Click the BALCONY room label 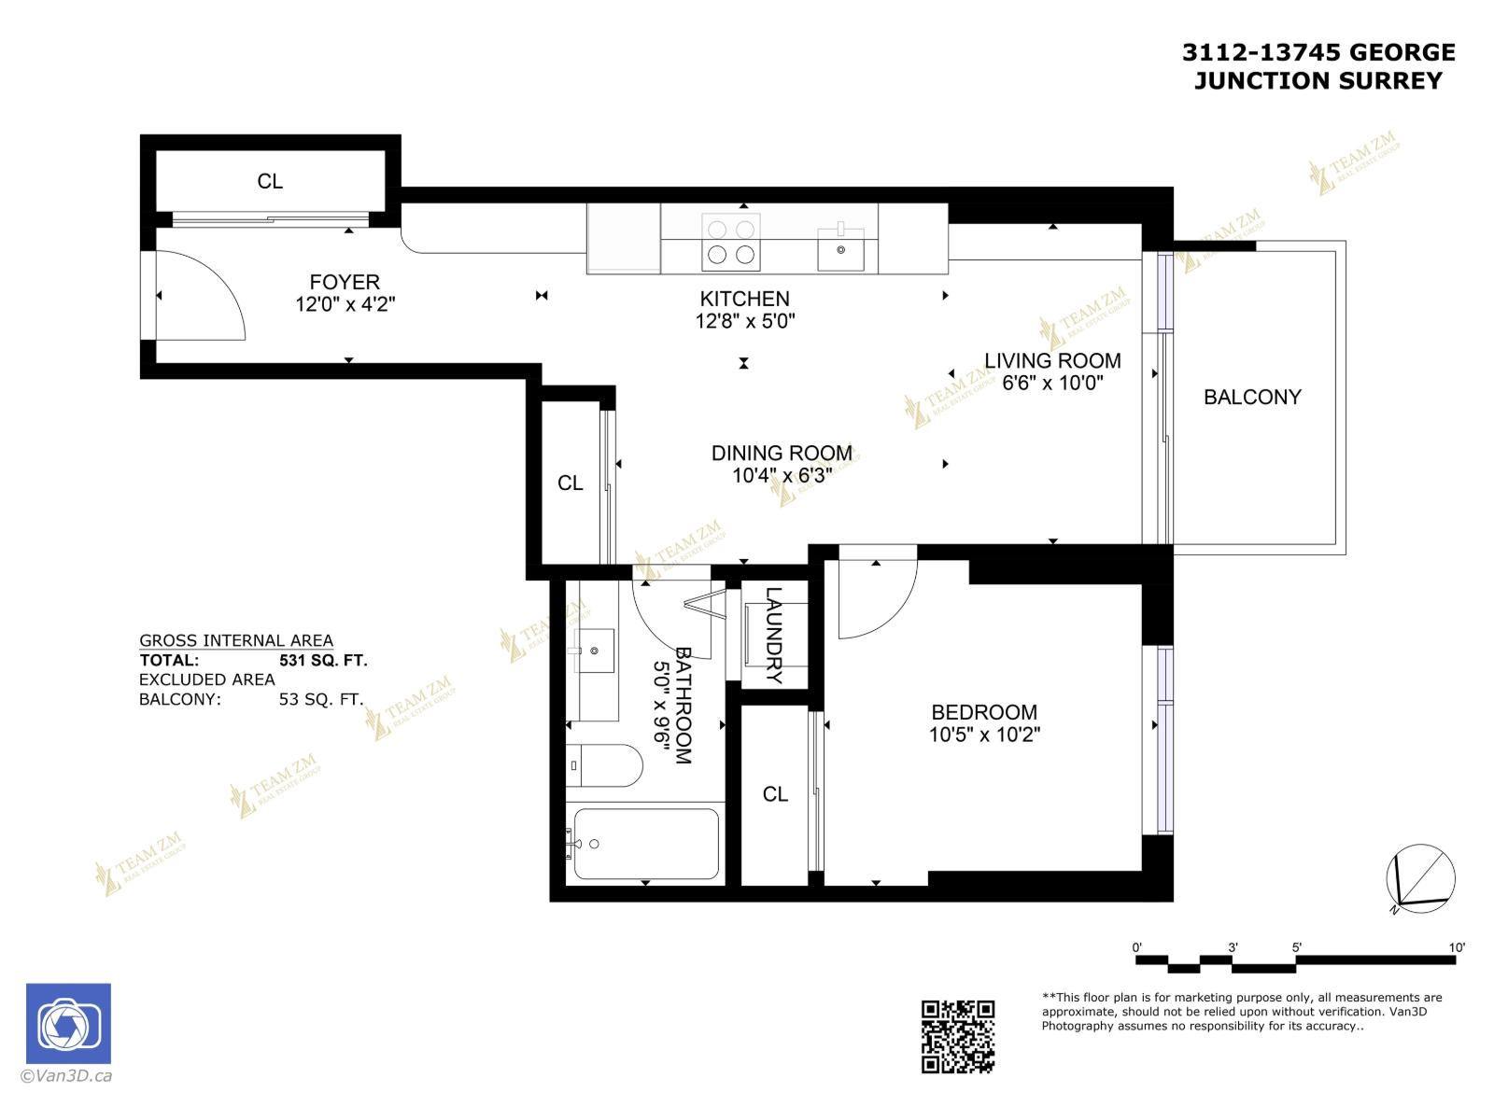pyautogui.click(x=1251, y=398)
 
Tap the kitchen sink pyautogui.click(x=840, y=248)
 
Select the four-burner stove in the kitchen pyautogui.click(x=730, y=242)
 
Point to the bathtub pyautogui.click(x=646, y=844)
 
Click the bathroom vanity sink pyautogui.click(x=593, y=650)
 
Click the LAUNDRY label pyautogui.click(x=774, y=635)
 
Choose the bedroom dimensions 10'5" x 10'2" pyautogui.click(x=984, y=735)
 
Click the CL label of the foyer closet pyautogui.click(x=270, y=181)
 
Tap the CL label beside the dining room pyautogui.click(x=570, y=483)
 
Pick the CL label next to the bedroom pyautogui.click(x=775, y=794)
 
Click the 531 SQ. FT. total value pyautogui.click(x=323, y=661)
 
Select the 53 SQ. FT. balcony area pyautogui.click(x=320, y=700)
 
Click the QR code pyautogui.click(x=957, y=1036)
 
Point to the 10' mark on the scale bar pyautogui.click(x=1457, y=947)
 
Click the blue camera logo pyautogui.click(x=68, y=1024)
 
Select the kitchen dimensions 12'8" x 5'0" pyautogui.click(x=744, y=322)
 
